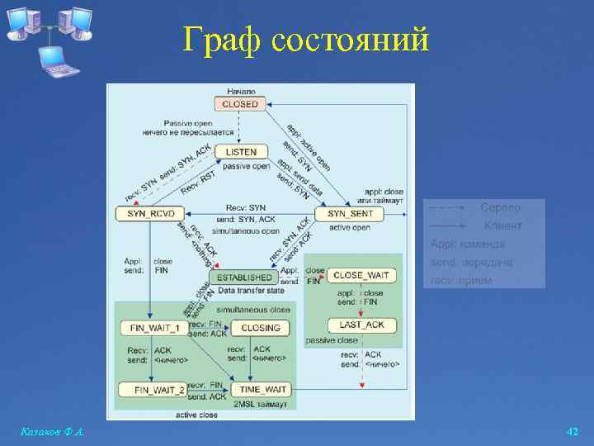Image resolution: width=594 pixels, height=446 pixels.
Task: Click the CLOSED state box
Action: pos(240,104)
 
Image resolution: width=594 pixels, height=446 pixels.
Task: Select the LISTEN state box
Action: pos(241,152)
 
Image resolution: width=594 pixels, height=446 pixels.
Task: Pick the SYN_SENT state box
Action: pos(350,214)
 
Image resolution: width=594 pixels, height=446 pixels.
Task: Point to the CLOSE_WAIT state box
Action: pos(361,275)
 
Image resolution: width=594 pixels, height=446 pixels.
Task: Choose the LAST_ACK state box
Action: pos(361,325)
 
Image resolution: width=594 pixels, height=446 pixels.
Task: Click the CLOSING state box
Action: pos(260,328)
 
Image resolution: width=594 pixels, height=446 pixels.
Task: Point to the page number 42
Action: pos(573,431)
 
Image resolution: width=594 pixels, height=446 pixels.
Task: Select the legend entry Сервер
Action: pos(500,207)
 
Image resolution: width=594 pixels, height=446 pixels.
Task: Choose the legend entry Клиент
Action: pos(502,225)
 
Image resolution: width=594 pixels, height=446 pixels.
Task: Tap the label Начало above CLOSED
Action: pos(240,91)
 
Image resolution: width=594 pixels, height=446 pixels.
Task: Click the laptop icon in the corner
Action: pos(59,59)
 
